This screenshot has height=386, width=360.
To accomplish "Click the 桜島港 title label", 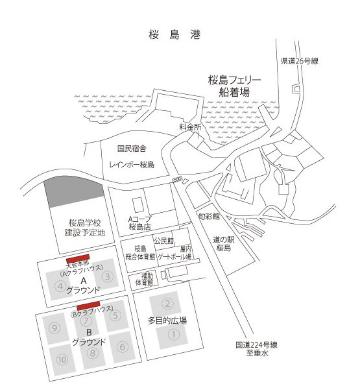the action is coord(174,35).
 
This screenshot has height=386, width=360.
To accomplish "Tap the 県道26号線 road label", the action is coord(300,61).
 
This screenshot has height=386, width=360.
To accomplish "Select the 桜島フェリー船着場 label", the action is coord(235,86).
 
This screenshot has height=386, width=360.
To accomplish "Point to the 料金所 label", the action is coord(190,127).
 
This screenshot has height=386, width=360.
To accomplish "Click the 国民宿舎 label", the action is coord(132,149).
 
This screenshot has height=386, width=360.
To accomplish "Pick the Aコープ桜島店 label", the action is coord(139,223).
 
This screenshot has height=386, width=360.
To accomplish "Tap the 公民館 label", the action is coord(164,241).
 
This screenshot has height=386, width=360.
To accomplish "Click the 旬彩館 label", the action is coord(209,217).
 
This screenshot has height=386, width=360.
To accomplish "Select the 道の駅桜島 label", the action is coord(223,243).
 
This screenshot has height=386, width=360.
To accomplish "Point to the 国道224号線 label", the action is coord(256,345).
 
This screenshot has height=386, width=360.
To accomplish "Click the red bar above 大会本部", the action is coord(78,259).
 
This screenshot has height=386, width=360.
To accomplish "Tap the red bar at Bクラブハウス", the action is coord(88,306).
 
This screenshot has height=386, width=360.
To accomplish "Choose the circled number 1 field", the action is coord(173,335).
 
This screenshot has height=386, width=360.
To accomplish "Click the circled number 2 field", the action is coord(167,304).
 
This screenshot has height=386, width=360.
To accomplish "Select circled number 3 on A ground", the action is coord(107,276).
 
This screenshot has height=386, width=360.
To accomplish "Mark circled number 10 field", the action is coord(62,360).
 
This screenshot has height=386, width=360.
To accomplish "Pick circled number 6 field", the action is coord(123,347).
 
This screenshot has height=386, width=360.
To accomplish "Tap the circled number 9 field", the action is coord(54,328).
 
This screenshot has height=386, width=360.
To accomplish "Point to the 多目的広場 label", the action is coord(167,320).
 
